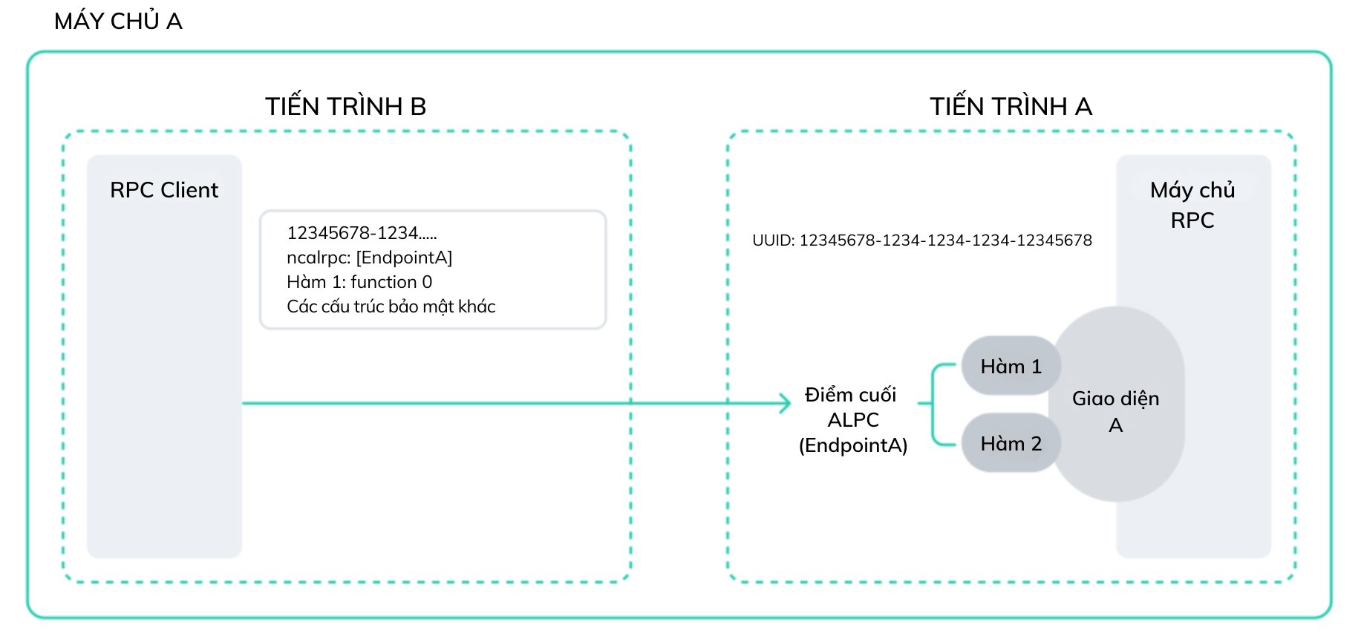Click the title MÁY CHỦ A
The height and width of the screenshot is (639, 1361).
click(x=118, y=21)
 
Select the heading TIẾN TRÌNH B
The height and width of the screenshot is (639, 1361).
click(x=346, y=106)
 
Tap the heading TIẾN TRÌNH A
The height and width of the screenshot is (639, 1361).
click(x=1011, y=106)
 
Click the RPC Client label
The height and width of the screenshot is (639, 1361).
click(x=164, y=190)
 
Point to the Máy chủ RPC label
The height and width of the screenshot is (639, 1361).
click(x=1192, y=205)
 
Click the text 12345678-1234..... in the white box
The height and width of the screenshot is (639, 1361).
click(x=362, y=233)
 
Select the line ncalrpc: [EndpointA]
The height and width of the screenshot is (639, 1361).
click(x=370, y=258)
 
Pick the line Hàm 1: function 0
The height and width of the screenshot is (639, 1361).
click(x=359, y=282)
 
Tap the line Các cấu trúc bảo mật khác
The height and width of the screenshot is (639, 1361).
click(x=391, y=307)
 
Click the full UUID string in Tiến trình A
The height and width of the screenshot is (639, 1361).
click(x=922, y=240)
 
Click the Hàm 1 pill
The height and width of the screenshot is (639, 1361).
click(x=1011, y=366)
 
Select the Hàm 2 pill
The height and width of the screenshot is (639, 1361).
click(x=1011, y=443)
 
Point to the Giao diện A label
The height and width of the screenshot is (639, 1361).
click(x=1116, y=411)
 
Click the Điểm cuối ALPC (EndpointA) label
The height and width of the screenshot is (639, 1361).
click(x=853, y=420)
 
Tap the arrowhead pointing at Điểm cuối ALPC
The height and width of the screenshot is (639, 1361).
click(x=786, y=403)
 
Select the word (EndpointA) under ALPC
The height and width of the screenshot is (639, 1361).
click(x=853, y=445)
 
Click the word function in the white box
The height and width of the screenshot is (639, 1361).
click(x=384, y=282)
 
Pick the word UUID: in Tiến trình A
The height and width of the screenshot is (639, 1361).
click(x=774, y=240)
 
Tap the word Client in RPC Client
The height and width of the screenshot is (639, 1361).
click(x=190, y=190)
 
